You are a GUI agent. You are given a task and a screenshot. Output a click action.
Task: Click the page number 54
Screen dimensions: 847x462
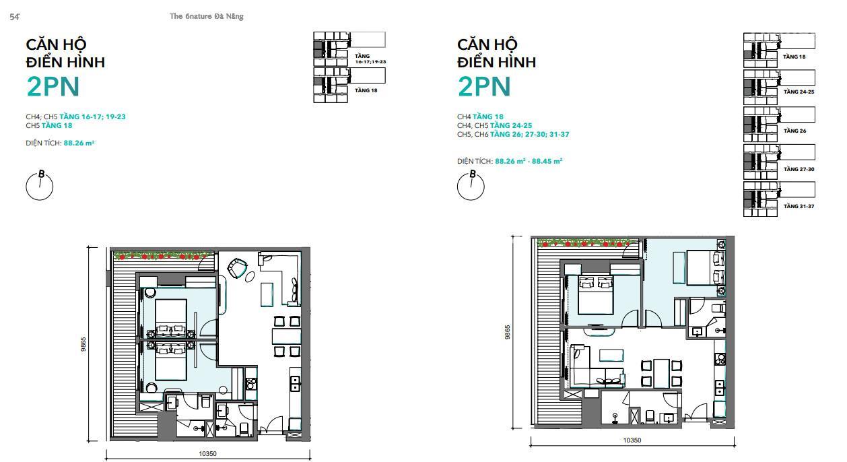pos(14,17)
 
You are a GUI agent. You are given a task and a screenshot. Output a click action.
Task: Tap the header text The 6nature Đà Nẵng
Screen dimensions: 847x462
pos(207,16)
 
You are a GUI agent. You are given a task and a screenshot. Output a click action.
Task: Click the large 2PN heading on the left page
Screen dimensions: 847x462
pos(53,87)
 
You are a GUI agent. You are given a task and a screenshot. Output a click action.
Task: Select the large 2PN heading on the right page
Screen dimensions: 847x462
pos(484,87)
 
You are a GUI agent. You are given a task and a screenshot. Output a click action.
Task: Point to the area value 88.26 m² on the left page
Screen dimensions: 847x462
pos(79,143)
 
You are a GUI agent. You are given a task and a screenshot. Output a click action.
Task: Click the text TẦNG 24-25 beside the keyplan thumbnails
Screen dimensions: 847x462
pos(799,92)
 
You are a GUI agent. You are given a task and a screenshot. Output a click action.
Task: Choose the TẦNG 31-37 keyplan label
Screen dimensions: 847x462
pos(799,206)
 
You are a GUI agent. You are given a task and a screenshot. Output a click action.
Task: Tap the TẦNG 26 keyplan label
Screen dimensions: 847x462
pos(794,131)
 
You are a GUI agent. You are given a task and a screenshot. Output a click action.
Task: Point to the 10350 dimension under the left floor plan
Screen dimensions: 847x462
pos(207,454)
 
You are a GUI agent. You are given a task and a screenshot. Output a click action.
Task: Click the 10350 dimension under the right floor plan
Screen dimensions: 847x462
pos(632,440)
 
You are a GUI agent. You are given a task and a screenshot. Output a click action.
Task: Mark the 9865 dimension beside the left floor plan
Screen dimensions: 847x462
pos(83,344)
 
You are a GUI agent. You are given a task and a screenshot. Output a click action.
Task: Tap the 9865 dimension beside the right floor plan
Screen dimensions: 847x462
pos(508,332)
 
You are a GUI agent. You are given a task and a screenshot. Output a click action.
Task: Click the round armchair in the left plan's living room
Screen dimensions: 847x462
pos(237,268)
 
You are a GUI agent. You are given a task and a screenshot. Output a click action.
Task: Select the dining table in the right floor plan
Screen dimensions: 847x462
pos(662,372)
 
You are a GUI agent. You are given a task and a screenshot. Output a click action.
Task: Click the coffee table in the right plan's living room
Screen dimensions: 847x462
pos(611,356)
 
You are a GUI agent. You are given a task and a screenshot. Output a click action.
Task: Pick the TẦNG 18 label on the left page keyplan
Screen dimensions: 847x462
pos(366,90)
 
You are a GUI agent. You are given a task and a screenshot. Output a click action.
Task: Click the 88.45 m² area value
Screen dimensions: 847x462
pos(547,161)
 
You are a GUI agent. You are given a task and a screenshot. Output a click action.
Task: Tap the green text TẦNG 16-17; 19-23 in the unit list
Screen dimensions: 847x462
pos(92,117)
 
